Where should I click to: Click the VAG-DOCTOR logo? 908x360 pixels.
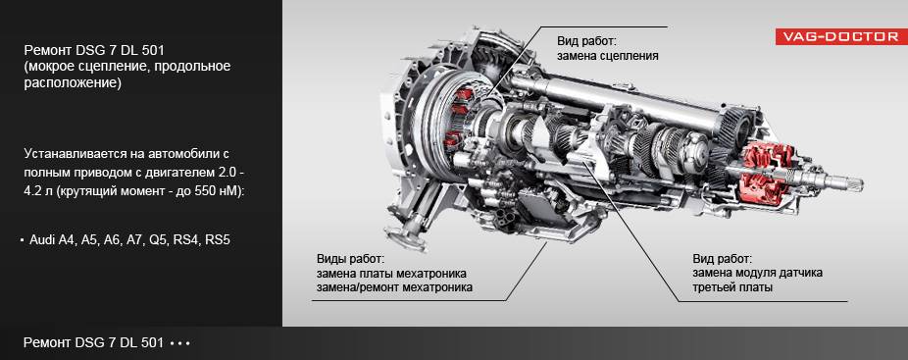tap(841, 36)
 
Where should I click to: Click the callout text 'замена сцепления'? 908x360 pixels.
tap(608, 56)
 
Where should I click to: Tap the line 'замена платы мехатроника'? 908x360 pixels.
tap(391, 273)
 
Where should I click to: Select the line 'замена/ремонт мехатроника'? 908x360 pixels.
tap(394, 287)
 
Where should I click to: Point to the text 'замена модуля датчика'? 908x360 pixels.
tap(757, 273)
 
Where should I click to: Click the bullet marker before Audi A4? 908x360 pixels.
tap(22, 240)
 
